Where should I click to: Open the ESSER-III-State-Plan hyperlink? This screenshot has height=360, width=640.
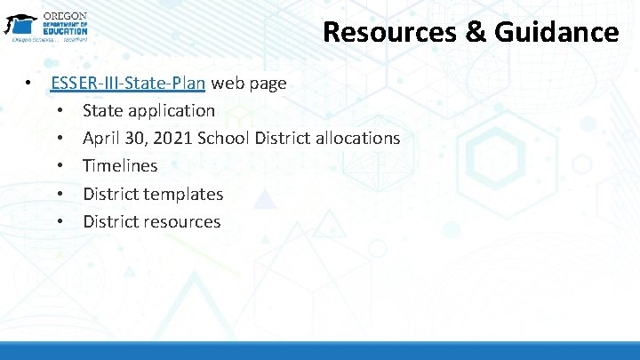[x=129, y=84]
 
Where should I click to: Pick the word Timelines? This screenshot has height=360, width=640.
[x=120, y=166]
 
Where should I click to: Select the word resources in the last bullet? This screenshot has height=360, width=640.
[x=183, y=221]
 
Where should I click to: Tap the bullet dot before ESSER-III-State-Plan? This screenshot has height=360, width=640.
[x=29, y=84]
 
